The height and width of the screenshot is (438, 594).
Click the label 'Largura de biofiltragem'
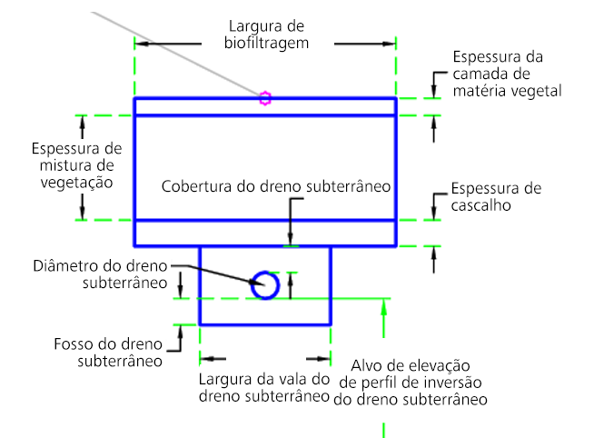click(x=267, y=34)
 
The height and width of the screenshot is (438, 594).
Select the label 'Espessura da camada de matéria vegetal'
click(x=508, y=74)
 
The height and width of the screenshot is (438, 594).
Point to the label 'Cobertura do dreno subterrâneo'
click(x=276, y=186)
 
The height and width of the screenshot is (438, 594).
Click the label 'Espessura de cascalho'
click(x=496, y=196)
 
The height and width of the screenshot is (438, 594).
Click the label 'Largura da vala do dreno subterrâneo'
click(x=262, y=388)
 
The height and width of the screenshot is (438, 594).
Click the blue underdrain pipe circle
click(x=265, y=284)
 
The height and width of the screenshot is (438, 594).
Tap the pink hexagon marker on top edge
click(x=264, y=98)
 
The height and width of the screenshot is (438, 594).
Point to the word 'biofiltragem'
click(x=267, y=42)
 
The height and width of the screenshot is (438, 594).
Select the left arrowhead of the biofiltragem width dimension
click(x=140, y=42)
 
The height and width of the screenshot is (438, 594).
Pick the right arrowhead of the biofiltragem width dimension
click(x=391, y=42)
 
